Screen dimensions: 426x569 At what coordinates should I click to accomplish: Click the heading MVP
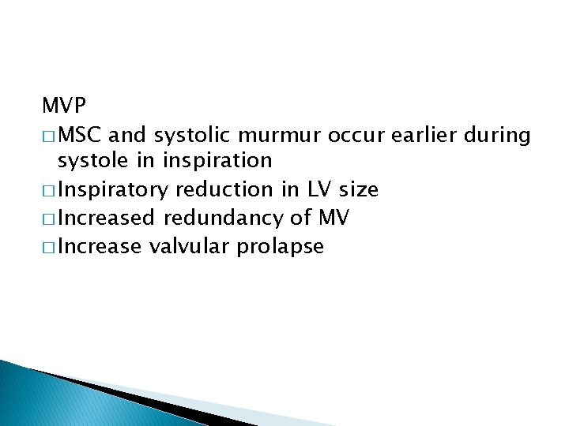(64, 104)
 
